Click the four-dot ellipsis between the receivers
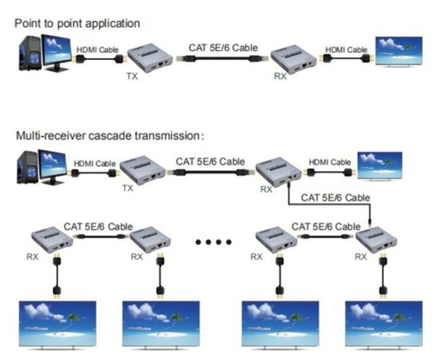(x=212, y=241)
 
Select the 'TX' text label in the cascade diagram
(x=127, y=185)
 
